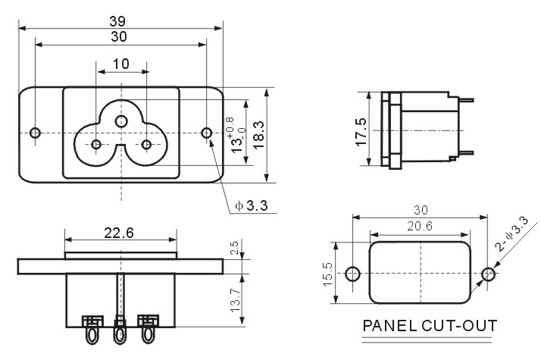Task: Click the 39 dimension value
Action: click(117, 21)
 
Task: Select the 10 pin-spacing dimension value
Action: click(120, 64)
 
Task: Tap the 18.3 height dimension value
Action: click(258, 135)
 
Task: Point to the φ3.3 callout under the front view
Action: click(252, 205)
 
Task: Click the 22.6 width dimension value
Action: click(119, 233)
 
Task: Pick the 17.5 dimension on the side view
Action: click(361, 132)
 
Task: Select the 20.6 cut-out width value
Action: click(420, 226)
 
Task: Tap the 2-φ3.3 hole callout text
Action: click(511, 233)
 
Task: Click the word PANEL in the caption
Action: click(389, 325)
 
